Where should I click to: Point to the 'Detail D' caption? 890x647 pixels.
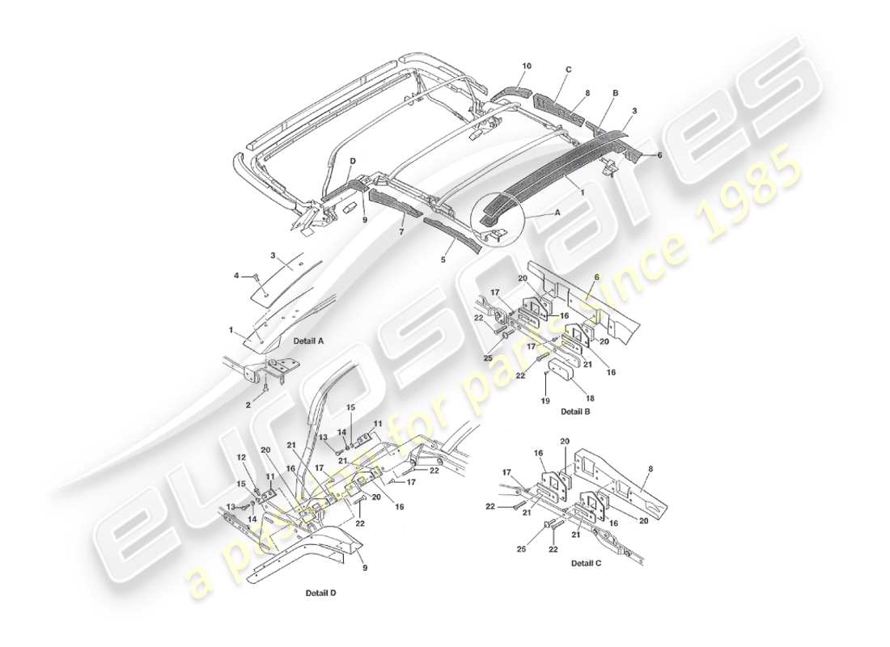pos(320,593)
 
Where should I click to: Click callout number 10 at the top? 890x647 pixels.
pos(527,65)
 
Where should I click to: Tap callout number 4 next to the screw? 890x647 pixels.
pos(237,276)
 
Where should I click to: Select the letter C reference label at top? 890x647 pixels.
pos(568,70)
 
